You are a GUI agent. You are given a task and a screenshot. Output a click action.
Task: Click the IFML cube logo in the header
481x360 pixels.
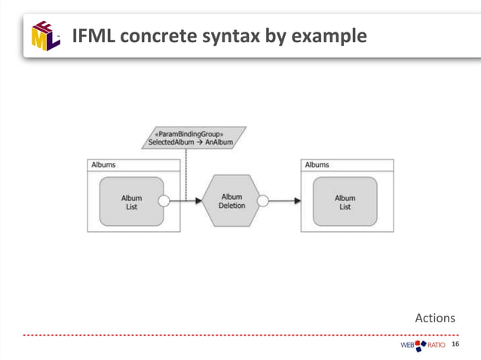(45, 35)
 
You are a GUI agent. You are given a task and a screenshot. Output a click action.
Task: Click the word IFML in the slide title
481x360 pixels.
(93, 35)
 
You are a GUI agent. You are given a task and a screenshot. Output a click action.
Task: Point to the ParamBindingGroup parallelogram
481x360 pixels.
(194, 138)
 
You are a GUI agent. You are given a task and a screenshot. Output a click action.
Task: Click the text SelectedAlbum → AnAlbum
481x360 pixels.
(191, 142)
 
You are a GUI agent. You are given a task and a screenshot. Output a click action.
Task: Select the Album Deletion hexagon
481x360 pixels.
(231, 201)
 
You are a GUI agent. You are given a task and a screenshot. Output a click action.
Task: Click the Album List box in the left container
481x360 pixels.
(131, 202)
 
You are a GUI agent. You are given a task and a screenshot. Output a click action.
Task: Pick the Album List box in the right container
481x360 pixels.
(345, 202)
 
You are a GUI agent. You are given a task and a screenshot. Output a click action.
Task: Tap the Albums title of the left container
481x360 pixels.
(103, 165)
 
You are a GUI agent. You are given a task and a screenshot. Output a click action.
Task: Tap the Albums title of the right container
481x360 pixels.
(317, 165)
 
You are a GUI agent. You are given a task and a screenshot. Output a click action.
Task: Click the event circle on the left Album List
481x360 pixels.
(164, 201)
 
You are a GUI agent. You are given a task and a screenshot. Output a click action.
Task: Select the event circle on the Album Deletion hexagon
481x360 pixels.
(262, 201)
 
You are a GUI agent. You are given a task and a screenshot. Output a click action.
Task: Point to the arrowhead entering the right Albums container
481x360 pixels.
(297, 201)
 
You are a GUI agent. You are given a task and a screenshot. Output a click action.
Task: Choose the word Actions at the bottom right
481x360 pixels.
(435, 318)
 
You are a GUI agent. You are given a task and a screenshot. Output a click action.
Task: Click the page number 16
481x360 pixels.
(455, 345)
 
